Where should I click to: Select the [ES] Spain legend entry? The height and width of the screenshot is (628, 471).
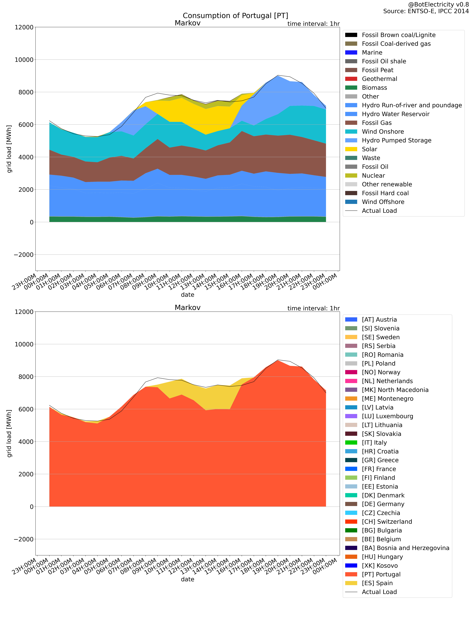click(377, 583)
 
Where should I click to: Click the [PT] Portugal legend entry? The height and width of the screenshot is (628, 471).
click(381, 574)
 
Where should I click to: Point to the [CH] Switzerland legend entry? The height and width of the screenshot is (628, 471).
click(387, 522)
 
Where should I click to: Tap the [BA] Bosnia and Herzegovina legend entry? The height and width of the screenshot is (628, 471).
click(405, 548)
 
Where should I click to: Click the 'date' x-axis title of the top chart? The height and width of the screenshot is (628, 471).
click(187, 295)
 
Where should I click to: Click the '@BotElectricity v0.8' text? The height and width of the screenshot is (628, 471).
click(438, 5)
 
